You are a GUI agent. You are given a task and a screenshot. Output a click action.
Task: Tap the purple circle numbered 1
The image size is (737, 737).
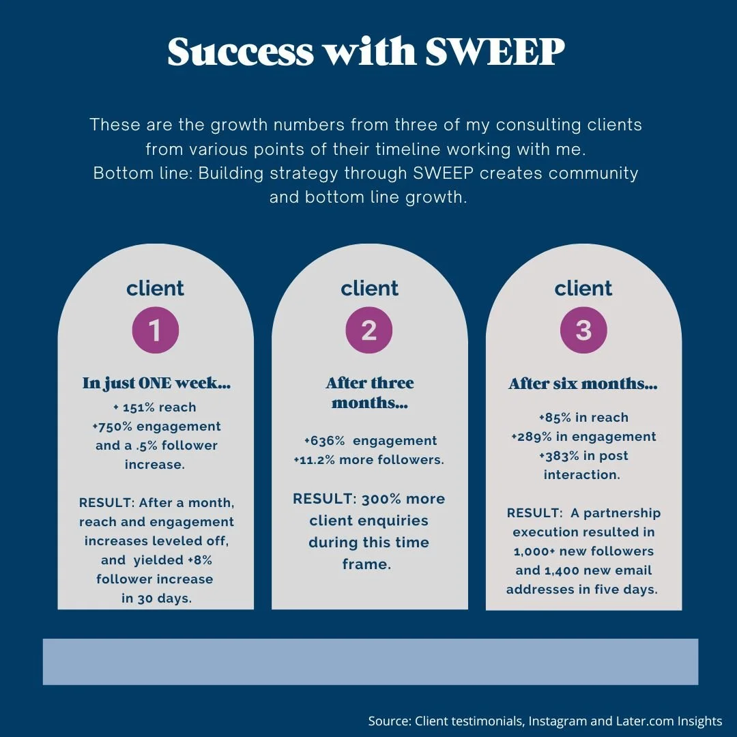point(155,330)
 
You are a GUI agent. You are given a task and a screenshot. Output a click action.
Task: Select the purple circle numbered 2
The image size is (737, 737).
point(369,330)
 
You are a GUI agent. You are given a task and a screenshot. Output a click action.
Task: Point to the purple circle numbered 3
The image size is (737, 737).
point(583,330)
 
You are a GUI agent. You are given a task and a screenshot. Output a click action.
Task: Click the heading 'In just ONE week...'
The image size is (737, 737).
point(156,384)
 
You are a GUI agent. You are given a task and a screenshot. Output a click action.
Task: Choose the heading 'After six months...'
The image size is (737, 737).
point(583,384)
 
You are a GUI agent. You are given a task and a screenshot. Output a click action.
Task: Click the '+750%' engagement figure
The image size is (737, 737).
point(114,427)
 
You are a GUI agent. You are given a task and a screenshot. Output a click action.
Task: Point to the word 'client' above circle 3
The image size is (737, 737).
point(583,288)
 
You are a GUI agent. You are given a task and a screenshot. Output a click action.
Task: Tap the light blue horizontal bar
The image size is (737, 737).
point(371,661)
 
